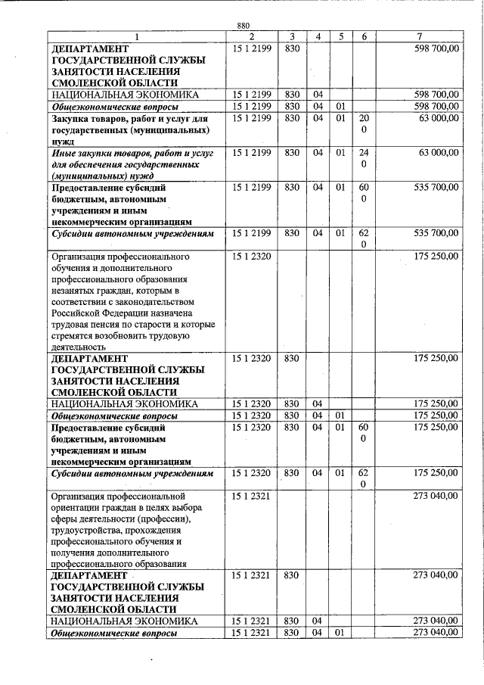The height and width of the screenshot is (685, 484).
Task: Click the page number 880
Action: click(243, 26)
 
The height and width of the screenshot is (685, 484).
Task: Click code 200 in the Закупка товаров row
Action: click(364, 125)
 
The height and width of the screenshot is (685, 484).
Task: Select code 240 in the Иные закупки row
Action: click(364, 159)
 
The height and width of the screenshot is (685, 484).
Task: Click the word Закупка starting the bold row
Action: click(73, 119)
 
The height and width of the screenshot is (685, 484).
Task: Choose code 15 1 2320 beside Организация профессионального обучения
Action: click(253, 257)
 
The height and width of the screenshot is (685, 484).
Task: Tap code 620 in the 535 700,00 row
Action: click(364, 238)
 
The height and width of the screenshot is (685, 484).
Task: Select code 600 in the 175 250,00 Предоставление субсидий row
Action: click(364, 433)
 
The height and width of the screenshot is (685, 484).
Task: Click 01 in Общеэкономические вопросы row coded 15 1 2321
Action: click(340, 632)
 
